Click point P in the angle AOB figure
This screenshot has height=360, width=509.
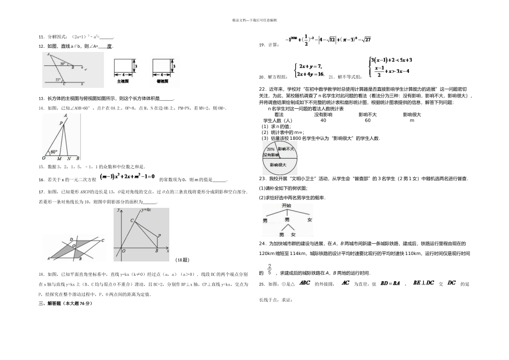click(x=61, y=123)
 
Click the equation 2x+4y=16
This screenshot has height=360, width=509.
click(x=310, y=74)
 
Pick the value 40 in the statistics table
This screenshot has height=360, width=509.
click(x=323, y=121)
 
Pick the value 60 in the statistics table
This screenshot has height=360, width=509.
click(x=368, y=121)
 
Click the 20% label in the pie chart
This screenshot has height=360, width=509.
click(x=271, y=149)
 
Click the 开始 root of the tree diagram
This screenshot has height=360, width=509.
click(x=286, y=205)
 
